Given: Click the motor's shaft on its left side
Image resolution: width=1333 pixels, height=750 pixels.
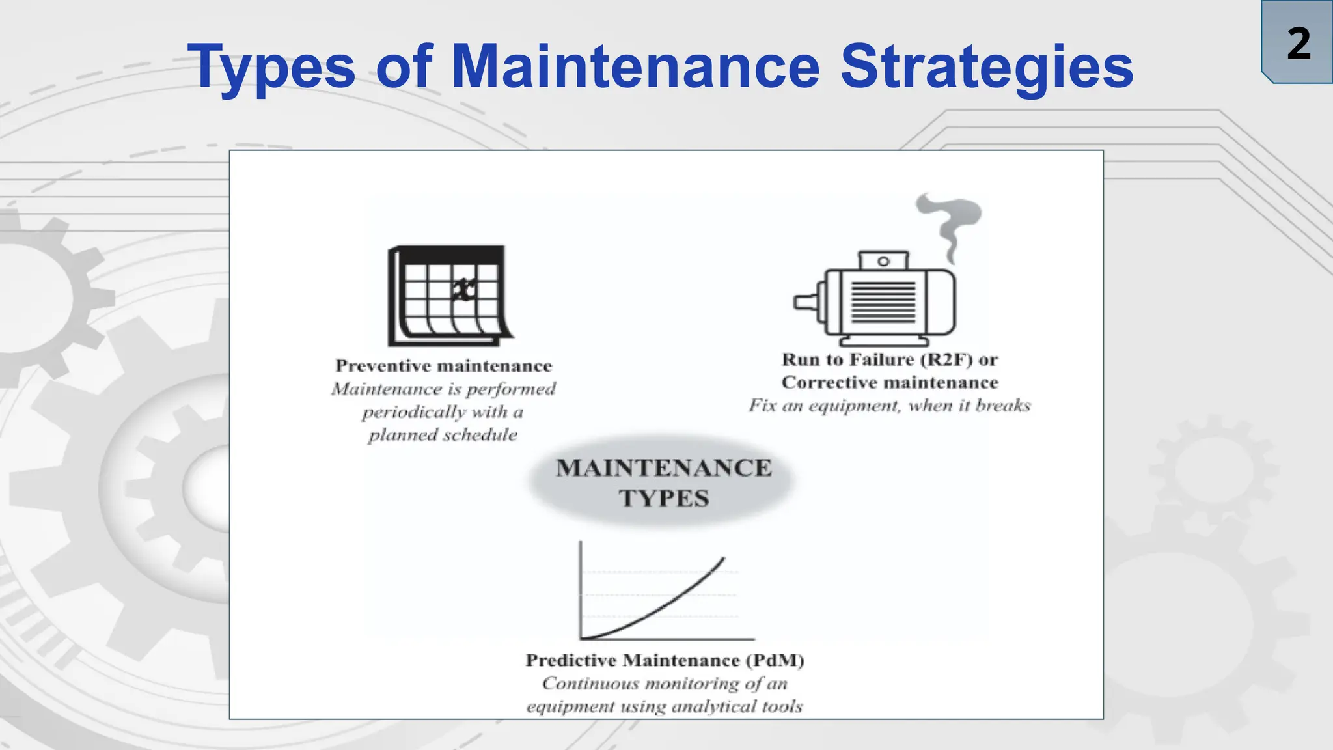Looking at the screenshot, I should [x=806, y=302].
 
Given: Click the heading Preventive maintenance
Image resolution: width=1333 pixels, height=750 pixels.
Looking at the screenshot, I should [x=443, y=366].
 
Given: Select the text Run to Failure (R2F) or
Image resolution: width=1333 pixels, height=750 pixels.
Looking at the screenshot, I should [x=889, y=359].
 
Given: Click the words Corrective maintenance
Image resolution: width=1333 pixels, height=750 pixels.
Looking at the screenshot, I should [x=889, y=382].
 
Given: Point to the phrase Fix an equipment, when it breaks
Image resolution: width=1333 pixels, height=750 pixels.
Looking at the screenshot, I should [x=889, y=406].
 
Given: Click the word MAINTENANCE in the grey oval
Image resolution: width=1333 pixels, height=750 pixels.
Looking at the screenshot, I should [x=663, y=468].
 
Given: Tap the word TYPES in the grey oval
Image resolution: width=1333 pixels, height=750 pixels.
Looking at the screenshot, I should [x=663, y=498].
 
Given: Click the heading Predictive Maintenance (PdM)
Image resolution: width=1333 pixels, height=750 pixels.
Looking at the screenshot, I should [x=665, y=660].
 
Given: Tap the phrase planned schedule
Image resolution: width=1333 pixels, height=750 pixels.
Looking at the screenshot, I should [x=443, y=435].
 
